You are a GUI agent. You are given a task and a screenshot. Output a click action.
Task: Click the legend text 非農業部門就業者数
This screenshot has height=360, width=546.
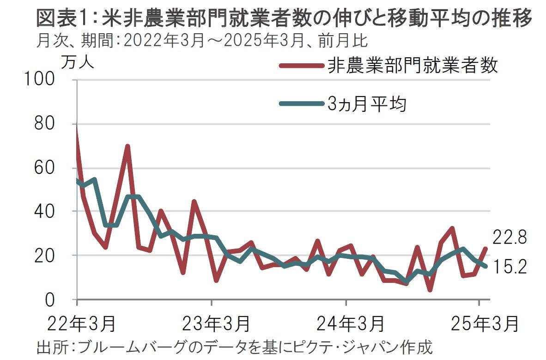point(413,66)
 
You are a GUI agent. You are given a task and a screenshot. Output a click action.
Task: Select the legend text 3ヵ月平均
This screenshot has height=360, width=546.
point(367,104)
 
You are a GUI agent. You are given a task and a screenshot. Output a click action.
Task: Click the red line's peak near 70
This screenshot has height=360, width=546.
point(127,146)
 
